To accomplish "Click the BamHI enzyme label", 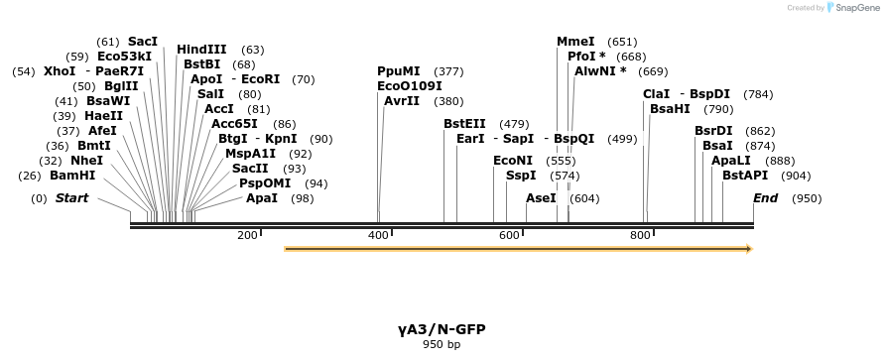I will pyautogui.click(x=72, y=176).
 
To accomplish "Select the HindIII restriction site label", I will pyautogui.click(x=201, y=50).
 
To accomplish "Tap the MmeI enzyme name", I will pyautogui.click(x=575, y=42).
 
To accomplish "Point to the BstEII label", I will pyautogui.click(x=465, y=124).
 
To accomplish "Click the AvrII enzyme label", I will pyautogui.click(x=402, y=101).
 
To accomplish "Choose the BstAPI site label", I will pyautogui.click(x=745, y=176).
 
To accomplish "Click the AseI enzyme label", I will pyautogui.click(x=541, y=198).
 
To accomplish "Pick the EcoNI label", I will pyautogui.click(x=513, y=161).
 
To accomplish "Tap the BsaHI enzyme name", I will pyautogui.click(x=670, y=109).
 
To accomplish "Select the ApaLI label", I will pyautogui.click(x=730, y=161).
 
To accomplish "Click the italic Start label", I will pyautogui.click(x=71, y=198).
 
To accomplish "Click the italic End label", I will pyautogui.click(x=765, y=198).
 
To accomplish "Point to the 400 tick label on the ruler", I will pyautogui.click(x=378, y=235).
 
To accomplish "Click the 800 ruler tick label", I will pyautogui.click(x=640, y=235).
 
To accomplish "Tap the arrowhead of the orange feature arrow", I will pyautogui.click(x=748, y=248).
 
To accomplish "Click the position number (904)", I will pyautogui.click(x=796, y=176).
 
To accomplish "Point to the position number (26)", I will pyautogui.click(x=29, y=176).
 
